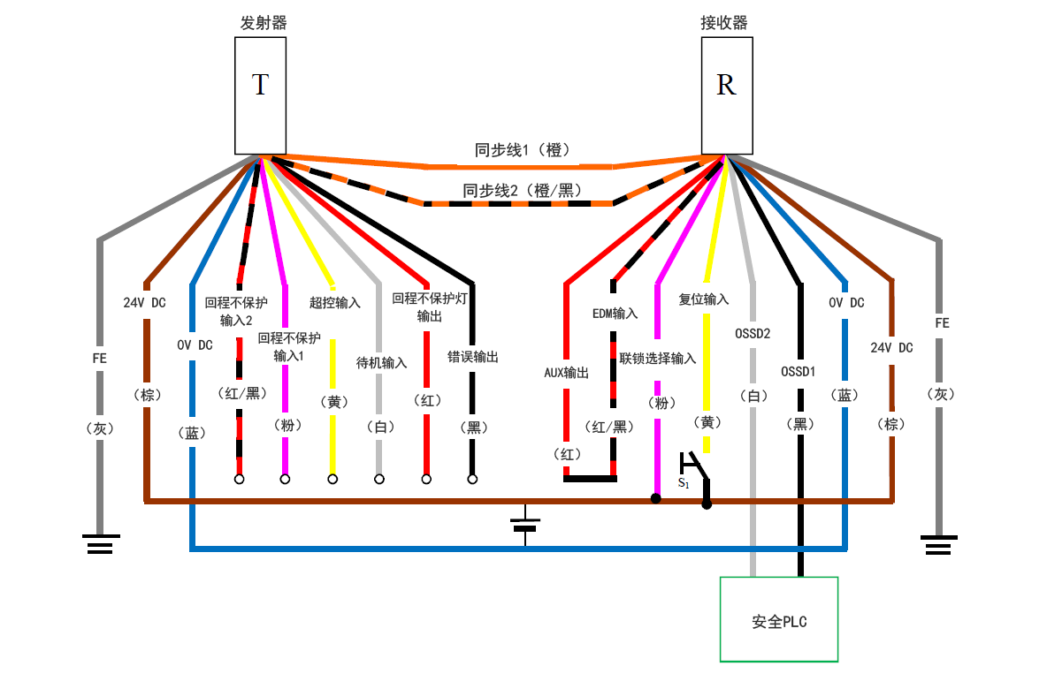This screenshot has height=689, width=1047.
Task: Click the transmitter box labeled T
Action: click(260, 95)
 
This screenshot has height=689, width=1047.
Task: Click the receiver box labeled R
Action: click(726, 95)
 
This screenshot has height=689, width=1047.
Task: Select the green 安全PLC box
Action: click(779, 619)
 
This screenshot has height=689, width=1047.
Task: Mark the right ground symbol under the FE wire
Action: click(938, 543)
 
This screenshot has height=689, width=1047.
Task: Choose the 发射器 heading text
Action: click(263, 23)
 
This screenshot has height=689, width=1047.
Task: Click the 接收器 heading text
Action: click(724, 23)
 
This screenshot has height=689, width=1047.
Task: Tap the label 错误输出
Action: click(473, 357)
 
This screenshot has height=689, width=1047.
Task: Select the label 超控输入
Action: click(334, 302)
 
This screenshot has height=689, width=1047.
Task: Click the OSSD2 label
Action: click(753, 334)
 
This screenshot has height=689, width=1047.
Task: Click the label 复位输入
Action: click(704, 299)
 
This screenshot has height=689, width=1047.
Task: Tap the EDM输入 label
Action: click(615, 313)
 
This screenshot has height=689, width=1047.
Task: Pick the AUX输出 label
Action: click(566, 372)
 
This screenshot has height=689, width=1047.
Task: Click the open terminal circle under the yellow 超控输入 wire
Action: click(332, 479)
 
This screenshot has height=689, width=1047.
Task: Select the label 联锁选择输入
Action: click(657, 358)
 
